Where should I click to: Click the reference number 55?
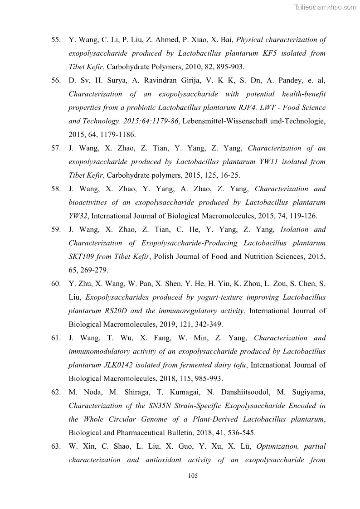click(56, 40)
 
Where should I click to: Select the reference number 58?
click(56, 189)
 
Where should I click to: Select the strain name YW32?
click(78, 216)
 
